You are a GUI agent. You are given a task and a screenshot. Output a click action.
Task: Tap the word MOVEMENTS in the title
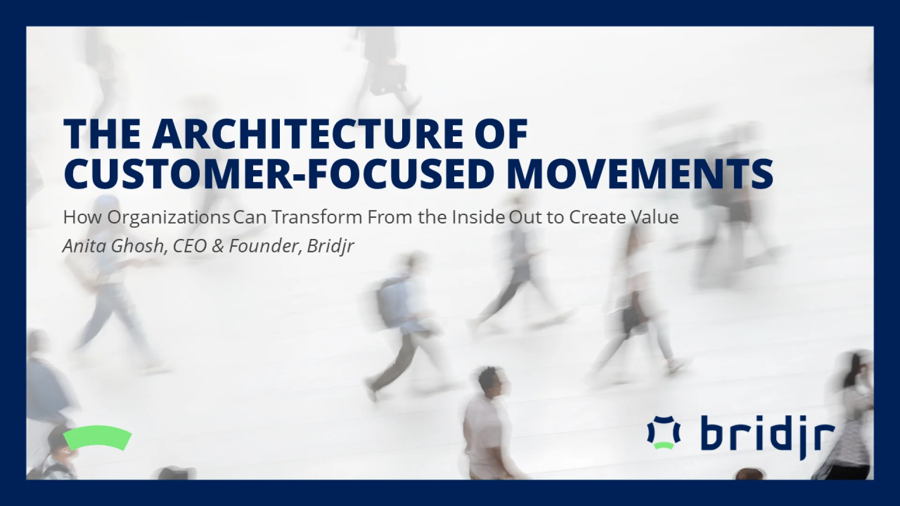pyautogui.click(x=640, y=174)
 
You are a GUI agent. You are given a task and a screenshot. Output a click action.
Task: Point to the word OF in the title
pyautogui.click(x=501, y=134)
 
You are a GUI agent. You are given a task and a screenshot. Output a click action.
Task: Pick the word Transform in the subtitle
pyautogui.click(x=317, y=217)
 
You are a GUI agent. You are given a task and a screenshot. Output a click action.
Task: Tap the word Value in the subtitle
pyautogui.click(x=654, y=217)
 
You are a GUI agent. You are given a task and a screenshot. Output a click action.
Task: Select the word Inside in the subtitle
pyautogui.click(x=478, y=217)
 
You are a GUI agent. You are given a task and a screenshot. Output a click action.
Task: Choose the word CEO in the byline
pyautogui.click(x=190, y=246)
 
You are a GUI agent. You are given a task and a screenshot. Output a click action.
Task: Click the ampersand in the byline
pyautogui.click(x=217, y=246)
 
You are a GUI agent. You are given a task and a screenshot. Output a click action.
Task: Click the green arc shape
pyautogui.click(x=97, y=437)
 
